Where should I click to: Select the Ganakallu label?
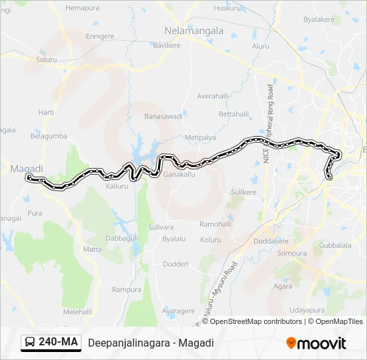point(179,174)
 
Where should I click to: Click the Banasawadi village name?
point(163,116)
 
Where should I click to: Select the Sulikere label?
point(244,192)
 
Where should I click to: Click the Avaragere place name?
point(179,311)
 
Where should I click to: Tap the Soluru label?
point(47,60)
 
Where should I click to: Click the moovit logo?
point(316,343)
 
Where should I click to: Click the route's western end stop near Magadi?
point(28,178)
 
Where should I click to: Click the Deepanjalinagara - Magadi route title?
point(150,343)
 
